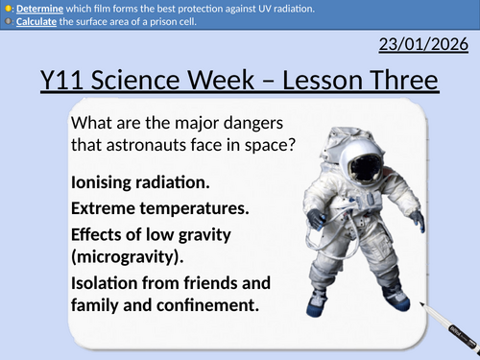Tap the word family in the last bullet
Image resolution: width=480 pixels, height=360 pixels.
coord(99,307)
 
